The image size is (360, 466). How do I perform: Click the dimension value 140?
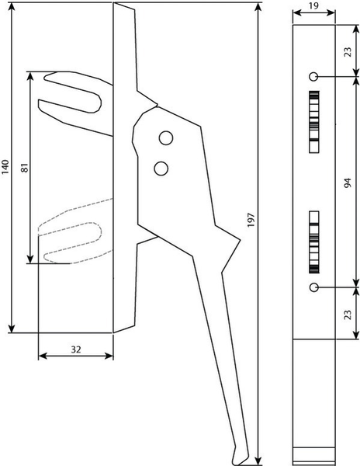tap(5, 167)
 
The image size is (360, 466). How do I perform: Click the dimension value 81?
tap(25, 168)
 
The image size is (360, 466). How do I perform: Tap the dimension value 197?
tap(251, 220)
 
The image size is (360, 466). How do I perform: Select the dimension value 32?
tap(76, 349)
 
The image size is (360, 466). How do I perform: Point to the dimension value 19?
tap(313, 6)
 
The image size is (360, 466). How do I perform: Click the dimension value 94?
tap(348, 183)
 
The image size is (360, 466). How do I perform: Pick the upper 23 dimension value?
tap(348, 52)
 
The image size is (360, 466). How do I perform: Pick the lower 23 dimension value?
tap(348, 315)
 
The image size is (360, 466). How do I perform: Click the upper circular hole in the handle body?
tap(166, 138)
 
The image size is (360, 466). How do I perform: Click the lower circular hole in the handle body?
tap(161, 169)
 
